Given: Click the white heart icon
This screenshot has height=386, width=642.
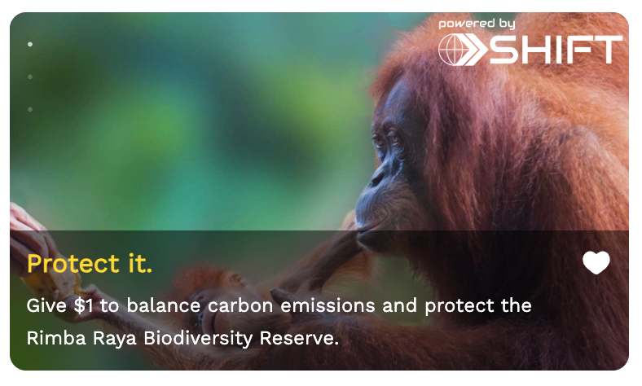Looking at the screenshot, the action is coord(596,262).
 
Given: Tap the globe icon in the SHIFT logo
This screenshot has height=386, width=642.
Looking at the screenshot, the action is coord(453,50).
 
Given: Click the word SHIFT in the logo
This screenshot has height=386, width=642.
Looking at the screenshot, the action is coord(556,50).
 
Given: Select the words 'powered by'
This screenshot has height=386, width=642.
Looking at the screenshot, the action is coord(477,24).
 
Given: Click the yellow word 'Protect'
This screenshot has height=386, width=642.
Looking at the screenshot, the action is coord(73,263).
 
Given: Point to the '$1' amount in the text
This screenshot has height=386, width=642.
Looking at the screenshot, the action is coord(83,305).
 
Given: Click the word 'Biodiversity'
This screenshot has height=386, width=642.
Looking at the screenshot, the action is coord(198,339).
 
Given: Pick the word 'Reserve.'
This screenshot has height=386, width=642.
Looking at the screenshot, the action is coord(299,339).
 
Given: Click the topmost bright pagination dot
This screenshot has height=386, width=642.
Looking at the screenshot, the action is coord(30,44).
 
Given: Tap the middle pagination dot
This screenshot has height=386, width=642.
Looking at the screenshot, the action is coord(30,77).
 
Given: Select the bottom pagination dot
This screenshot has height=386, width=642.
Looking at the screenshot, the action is coord(30,109).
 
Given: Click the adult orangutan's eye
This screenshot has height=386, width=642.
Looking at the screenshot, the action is coord(394,139).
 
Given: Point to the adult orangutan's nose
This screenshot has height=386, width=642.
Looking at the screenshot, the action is coord(376,178).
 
